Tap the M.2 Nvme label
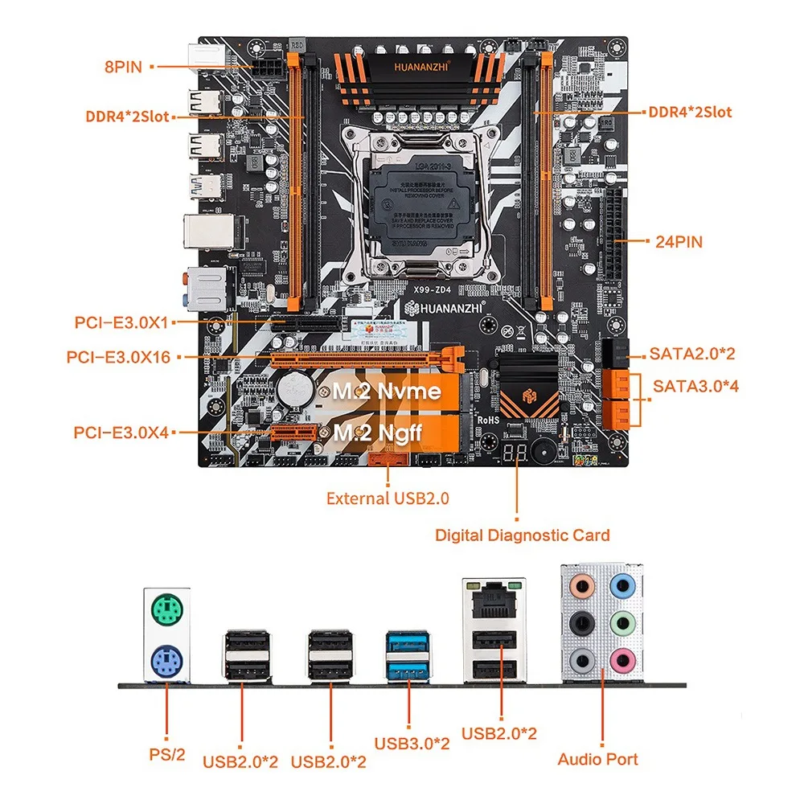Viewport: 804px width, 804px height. pos(388,392)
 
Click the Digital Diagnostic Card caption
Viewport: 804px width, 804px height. pos(522,535)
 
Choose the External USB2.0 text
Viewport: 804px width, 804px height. pos(388,498)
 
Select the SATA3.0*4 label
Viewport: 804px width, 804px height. pos(695,386)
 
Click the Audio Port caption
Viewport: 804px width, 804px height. pos(598,759)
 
